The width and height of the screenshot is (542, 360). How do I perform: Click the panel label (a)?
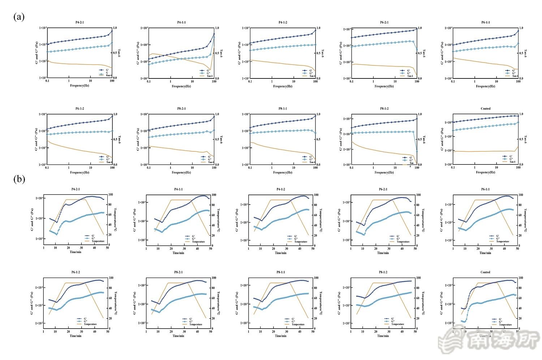(19, 17)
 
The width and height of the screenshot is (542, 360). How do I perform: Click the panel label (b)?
(19, 179)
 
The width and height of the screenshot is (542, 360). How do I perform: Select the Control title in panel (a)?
(486, 108)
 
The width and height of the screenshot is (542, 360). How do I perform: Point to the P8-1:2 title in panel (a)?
(384, 108)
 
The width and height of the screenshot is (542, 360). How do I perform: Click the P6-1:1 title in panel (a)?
(486, 22)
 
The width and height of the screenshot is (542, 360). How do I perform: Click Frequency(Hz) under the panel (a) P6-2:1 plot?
(384, 86)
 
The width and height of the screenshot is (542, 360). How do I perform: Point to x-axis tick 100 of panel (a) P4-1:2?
(316, 82)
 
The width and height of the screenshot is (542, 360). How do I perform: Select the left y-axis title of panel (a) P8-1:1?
(240, 139)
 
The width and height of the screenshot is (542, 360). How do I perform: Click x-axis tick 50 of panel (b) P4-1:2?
(313, 249)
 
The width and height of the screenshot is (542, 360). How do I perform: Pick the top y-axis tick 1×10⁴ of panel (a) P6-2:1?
(346, 29)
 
